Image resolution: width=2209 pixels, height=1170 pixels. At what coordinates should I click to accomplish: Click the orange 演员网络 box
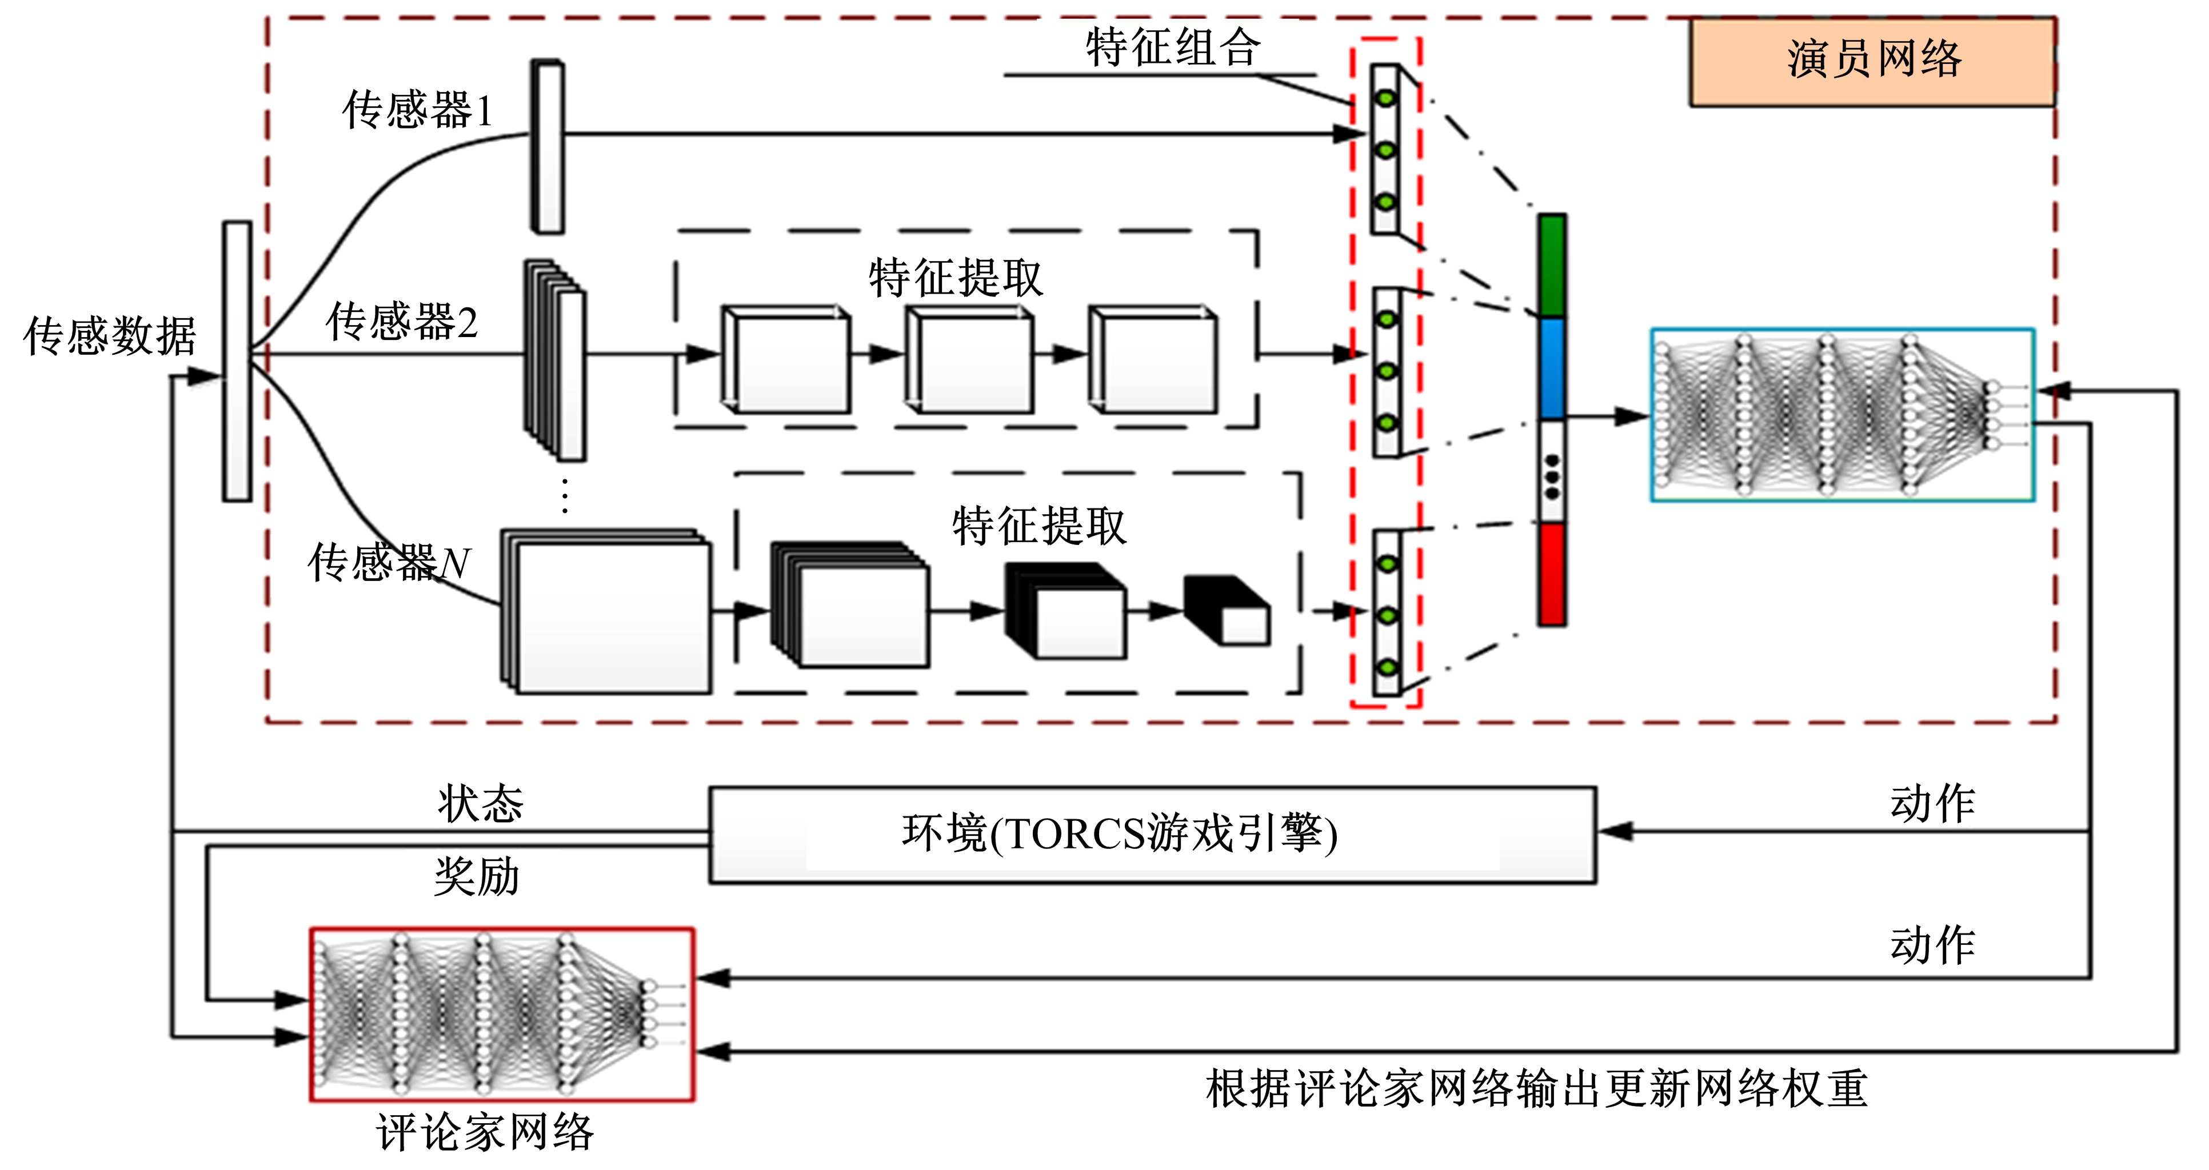[x=1872, y=62]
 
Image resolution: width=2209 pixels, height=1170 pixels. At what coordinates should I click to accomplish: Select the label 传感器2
[x=401, y=322]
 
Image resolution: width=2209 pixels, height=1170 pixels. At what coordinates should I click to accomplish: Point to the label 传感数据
[x=110, y=336]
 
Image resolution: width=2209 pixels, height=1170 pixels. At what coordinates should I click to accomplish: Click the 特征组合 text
[x=1172, y=47]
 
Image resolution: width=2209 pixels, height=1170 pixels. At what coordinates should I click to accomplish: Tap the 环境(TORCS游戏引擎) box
[x=1152, y=834]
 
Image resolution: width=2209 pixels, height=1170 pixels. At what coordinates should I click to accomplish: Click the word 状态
[x=480, y=804]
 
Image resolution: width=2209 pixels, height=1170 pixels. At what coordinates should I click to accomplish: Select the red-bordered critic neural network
[x=502, y=1014]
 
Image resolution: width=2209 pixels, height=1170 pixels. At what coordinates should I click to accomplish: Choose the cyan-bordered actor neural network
[x=1842, y=415]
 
